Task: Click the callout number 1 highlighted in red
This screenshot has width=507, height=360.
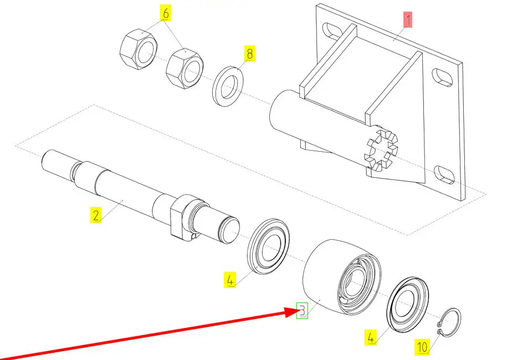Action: click(x=407, y=21)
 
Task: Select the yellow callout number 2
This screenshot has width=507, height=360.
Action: click(x=96, y=215)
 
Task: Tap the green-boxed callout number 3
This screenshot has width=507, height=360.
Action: click(x=302, y=311)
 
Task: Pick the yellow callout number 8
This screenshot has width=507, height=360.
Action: click(x=249, y=54)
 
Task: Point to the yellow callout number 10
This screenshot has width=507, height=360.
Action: click(x=422, y=347)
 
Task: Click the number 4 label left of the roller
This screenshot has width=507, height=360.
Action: click(x=230, y=280)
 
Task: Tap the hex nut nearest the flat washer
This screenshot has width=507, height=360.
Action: click(x=184, y=68)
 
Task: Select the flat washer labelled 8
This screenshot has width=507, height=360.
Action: click(x=230, y=85)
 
